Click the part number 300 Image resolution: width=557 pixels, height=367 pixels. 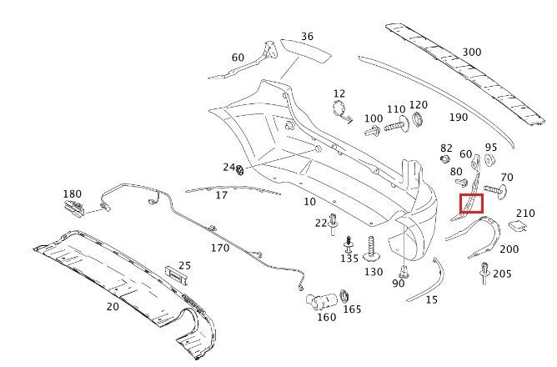471,52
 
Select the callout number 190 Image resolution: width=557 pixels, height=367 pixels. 458,118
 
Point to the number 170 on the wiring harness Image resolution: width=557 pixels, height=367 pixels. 220,248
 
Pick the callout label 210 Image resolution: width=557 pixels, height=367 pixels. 525,214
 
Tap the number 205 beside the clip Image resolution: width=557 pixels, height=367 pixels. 502,274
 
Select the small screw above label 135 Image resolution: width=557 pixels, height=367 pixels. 349,244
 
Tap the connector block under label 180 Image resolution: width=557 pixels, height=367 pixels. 74,209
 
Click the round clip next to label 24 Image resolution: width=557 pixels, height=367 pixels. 241,172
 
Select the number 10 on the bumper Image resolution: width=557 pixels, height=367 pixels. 309,201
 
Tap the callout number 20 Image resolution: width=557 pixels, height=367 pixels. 113,306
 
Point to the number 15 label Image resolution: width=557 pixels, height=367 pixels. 431,299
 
